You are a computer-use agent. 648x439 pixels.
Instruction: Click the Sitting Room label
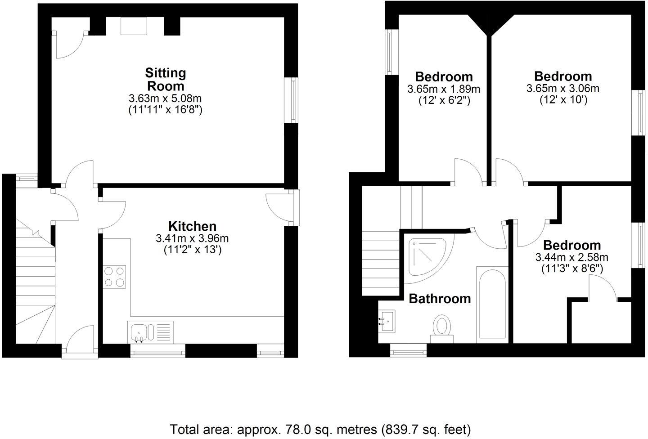165,79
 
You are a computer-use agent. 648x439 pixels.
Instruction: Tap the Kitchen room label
192,226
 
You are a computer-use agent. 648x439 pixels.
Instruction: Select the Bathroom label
440,299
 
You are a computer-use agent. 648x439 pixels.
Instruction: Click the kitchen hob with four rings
115,277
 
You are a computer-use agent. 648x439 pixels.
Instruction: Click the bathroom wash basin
387,321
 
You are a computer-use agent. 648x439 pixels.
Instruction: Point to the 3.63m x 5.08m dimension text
165,98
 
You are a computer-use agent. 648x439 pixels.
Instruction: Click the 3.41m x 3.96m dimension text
192,238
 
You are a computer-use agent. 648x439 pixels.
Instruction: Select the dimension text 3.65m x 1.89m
443,89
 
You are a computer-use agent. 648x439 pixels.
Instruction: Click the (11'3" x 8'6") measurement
571,269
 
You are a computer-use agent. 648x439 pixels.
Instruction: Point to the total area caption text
320,429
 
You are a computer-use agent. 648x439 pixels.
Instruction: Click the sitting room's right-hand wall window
294,99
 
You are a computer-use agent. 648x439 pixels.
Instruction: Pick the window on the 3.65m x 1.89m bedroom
389,52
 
